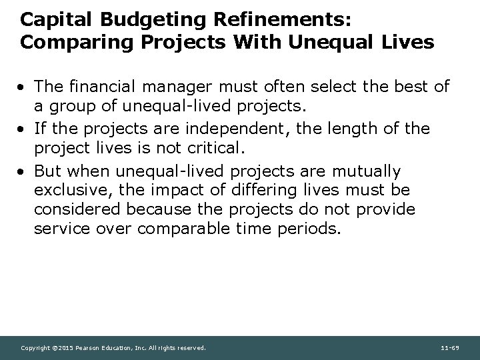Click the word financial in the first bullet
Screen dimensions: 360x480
point(97,87)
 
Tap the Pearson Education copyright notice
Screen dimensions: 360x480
point(114,348)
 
